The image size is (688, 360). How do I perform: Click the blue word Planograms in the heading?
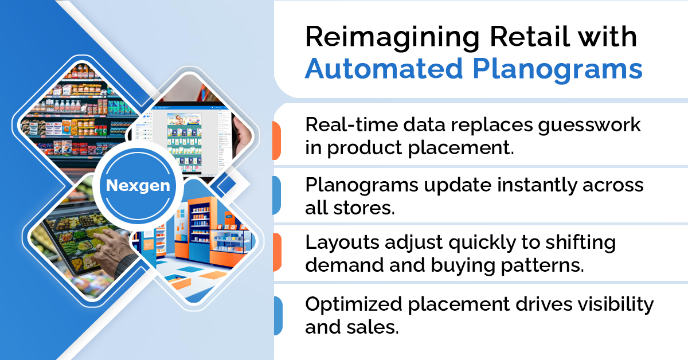tap(557, 71)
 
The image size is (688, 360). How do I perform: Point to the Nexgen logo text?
tap(138, 186)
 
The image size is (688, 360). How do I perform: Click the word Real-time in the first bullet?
tap(351, 125)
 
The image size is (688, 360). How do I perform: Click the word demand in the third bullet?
tap(345, 265)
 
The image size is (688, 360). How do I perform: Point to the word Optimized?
tap(354, 306)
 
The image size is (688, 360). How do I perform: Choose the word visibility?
tap(616, 306)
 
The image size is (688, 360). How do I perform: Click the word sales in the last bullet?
tap(373, 327)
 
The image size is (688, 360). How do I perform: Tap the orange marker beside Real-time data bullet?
tap(277, 140)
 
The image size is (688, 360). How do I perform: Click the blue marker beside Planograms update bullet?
tap(277, 195)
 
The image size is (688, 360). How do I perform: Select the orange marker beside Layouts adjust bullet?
tap(277, 252)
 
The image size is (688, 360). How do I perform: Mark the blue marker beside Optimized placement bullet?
tap(278, 315)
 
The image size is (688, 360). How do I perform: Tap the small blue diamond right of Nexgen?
tap(226, 184)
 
